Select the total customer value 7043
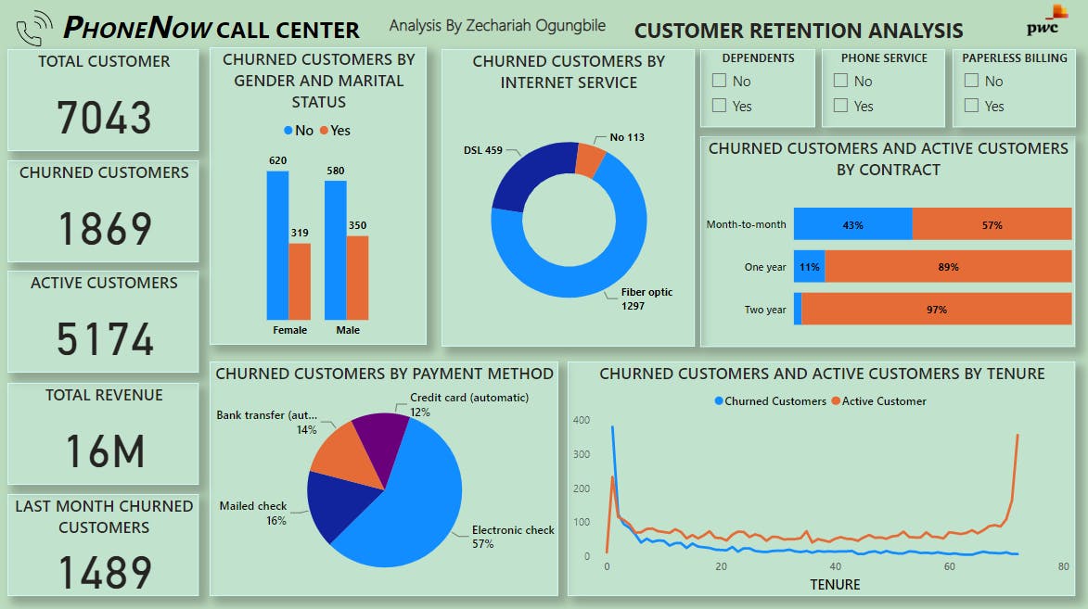[x=103, y=118]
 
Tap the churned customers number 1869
[x=103, y=229]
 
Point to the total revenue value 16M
[x=103, y=451]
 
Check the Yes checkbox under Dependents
[x=719, y=106]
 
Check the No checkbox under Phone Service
[x=840, y=81]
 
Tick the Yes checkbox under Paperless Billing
[x=971, y=106]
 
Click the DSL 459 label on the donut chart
[x=481, y=150]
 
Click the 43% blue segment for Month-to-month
[x=852, y=224]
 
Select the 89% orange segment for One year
[x=947, y=267]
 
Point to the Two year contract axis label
[x=764, y=310]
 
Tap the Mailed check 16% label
[x=252, y=513]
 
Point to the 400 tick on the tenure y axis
[x=582, y=420]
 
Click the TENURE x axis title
[x=835, y=584]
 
